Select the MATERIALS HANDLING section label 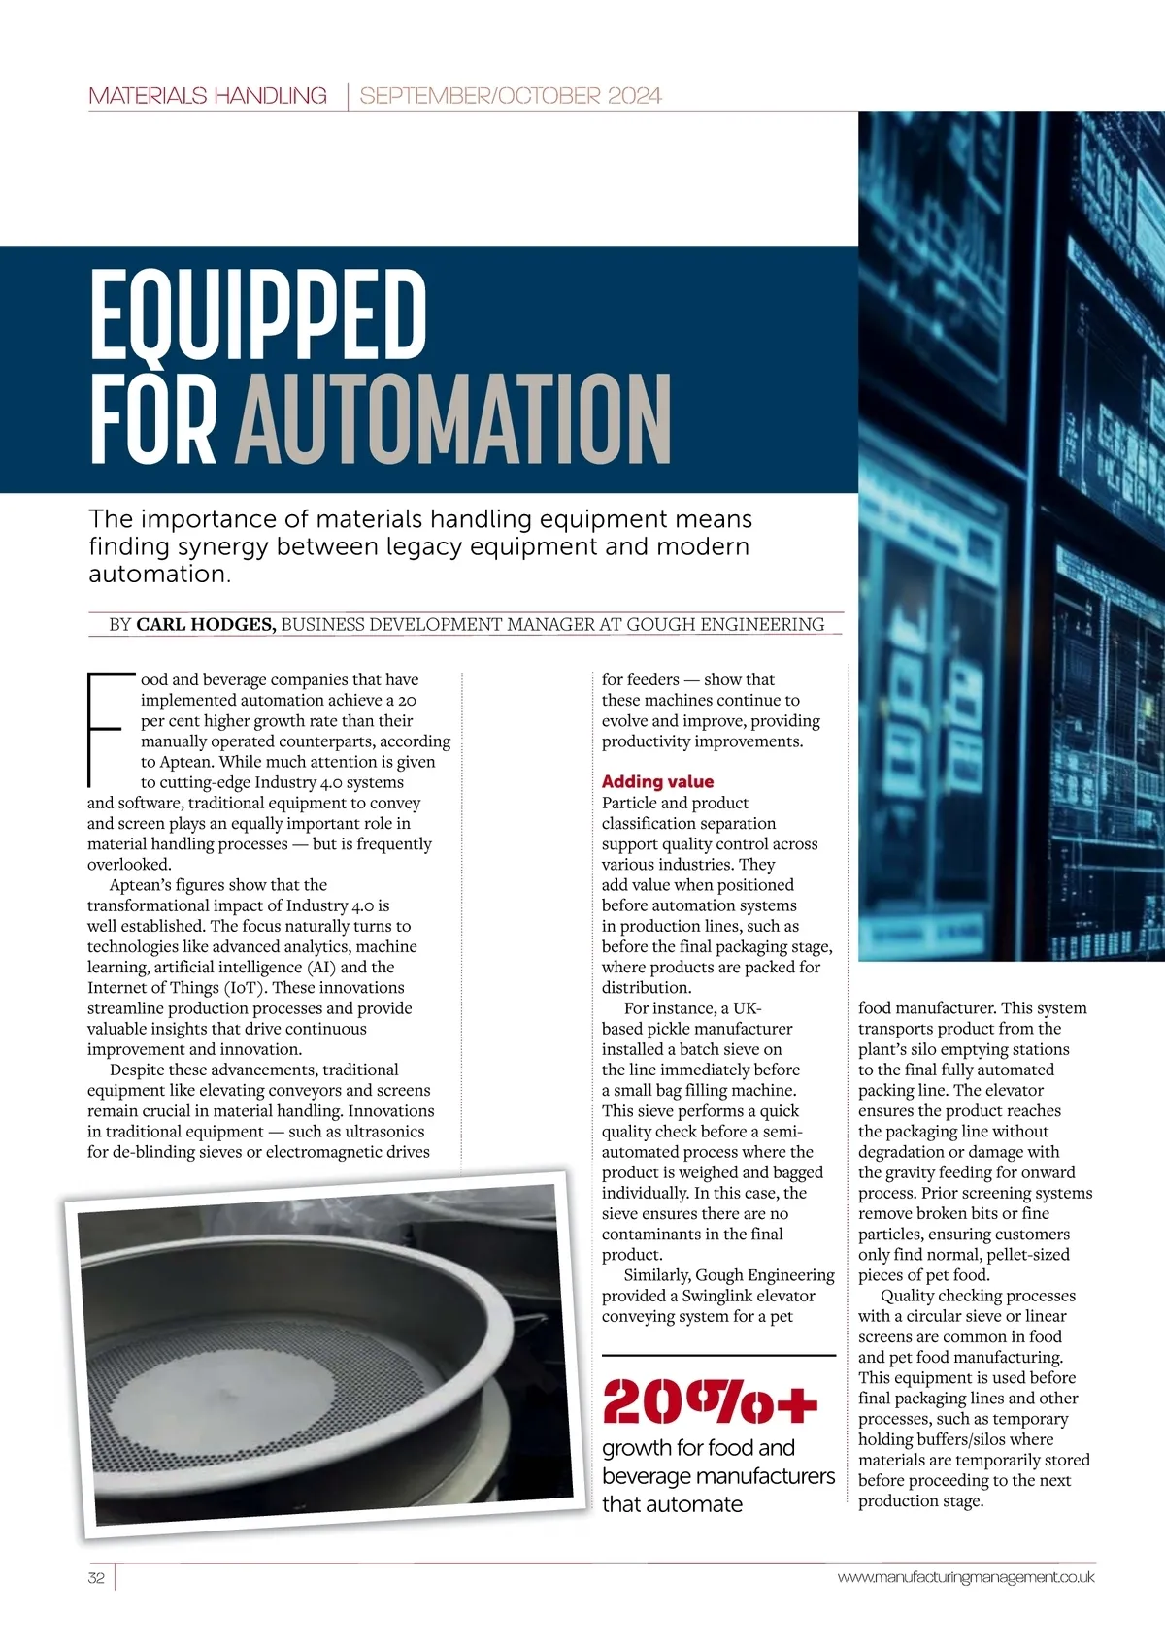(207, 96)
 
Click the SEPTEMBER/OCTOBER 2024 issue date (511, 96)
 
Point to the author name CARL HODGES (206, 625)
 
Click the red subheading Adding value (657, 782)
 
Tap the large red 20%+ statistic (710, 1401)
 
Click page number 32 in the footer (96, 1577)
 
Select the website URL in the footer (965, 1577)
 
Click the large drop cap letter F (104, 728)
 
